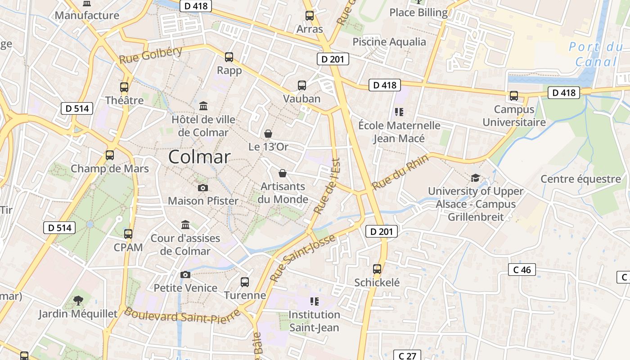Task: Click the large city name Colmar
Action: pyautogui.click(x=199, y=157)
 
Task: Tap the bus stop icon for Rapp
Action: pyautogui.click(x=229, y=57)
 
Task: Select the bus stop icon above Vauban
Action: pyautogui.click(x=302, y=85)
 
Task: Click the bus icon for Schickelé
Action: pyautogui.click(x=377, y=269)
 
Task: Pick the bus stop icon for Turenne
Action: pyautogui.click(x=245, y=282)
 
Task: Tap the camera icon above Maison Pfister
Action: pyautogui.click(x=203, y=188)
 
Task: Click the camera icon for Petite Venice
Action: pyautogui.click(x=185, y=274)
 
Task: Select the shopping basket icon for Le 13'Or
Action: pyautogui.click(x=268, y=134)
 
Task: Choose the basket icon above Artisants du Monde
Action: pyautogui.click(x=283, y=173)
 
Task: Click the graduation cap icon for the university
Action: pyautogui.click(x=475, y=178)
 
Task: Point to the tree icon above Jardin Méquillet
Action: pyautogui.click(x=78, y=300)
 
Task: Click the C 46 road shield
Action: pyautogui.click(x=522, y=270)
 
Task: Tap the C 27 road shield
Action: pyautogui.click(x=407, y=355)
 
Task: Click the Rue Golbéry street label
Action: pyautogui.click(x=151, y=55)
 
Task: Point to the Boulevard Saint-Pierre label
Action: pyautogui.click(x=182, y=315)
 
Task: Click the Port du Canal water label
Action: pyautogui.click(x=596, y=54)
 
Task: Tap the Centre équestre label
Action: pyautogui.click(x=580, y=179)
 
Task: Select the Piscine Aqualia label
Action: pyautogui.click(x=389, y=42)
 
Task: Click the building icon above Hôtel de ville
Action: pyautogui.click(x=203, y=106)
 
